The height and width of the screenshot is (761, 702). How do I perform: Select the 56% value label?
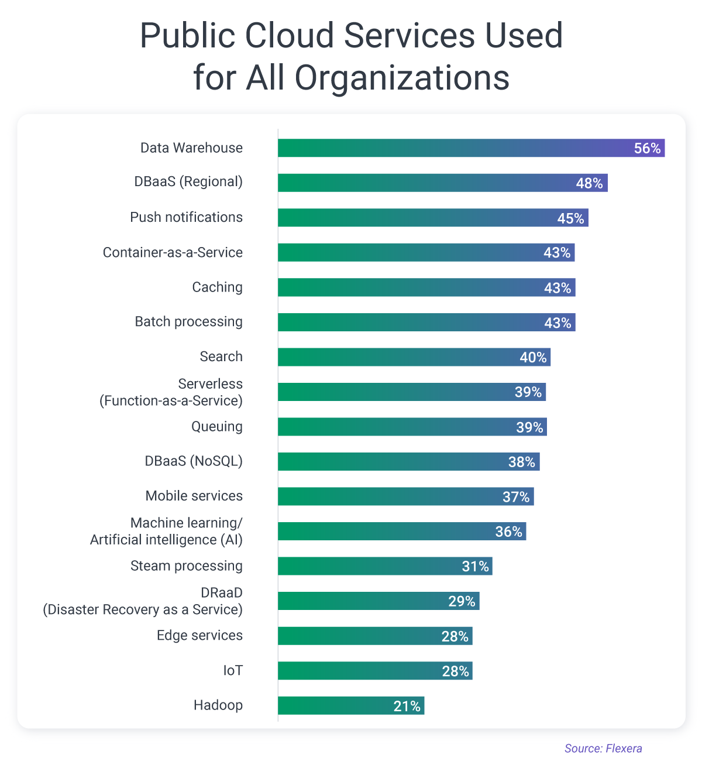pos(647,149)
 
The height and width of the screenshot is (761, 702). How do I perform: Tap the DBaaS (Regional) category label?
pos(188,181)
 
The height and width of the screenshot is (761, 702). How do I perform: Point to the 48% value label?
pos(589,183)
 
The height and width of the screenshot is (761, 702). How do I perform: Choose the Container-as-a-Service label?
pos(173,252)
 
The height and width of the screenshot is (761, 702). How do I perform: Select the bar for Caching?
pos(409,287)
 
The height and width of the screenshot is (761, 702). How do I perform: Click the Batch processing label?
pos(188,321)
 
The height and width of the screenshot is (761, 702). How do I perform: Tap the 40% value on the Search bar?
pos(533,358)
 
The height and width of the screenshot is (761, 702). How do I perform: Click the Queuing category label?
pos(217,426)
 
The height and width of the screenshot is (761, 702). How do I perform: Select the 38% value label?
pos(521,462)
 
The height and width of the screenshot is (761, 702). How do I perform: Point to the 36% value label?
pos(508,532)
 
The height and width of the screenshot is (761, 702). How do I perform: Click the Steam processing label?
pos(186,565)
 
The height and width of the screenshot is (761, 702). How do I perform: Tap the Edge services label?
pos(199,635)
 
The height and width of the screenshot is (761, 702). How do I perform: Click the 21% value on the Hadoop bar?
pos(407,707)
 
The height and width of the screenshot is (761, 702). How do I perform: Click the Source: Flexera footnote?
pos(603,748)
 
